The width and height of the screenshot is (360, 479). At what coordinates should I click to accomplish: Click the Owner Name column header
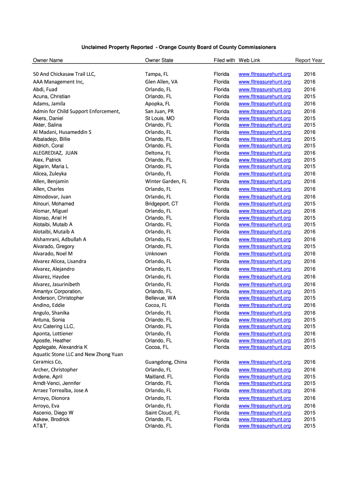click(x=48, y=60)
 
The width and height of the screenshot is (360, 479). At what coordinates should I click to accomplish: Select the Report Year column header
click(x=309, y=60)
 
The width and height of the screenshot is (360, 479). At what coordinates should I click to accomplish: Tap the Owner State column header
click(x=159, y=60)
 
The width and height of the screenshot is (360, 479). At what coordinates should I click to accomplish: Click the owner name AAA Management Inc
click(x=58, y=82)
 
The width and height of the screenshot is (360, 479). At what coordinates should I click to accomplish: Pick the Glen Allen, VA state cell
click(x=161, y=82)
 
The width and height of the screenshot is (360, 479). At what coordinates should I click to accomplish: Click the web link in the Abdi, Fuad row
click(x=265, y=89)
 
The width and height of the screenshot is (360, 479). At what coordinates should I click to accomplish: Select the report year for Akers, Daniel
click(x=310, y=118)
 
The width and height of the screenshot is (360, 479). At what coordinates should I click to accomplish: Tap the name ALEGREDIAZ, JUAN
click(x=55, y=153)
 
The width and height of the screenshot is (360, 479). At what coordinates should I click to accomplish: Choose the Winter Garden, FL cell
click(x=166, y=181)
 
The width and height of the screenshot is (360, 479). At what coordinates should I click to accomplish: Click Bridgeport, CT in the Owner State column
click(x=162, y=204)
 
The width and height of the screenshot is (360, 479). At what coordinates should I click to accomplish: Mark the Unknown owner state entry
click(x=156, y=254)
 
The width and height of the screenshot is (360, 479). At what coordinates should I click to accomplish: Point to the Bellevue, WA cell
click(x=161, y=298)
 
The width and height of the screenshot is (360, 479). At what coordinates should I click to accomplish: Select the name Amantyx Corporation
click(x=58, y=291)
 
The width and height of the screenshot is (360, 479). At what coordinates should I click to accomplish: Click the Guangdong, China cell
click(x=166, y=362)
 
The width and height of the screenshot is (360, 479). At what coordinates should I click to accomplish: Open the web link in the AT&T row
click(x=265, y=426)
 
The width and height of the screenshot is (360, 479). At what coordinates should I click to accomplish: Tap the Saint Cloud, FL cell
click(x=163, y=413)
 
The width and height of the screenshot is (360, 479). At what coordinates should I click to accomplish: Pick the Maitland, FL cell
click(x=159, y=377)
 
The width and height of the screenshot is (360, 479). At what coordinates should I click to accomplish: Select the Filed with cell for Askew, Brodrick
click(x=222, y=420)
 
